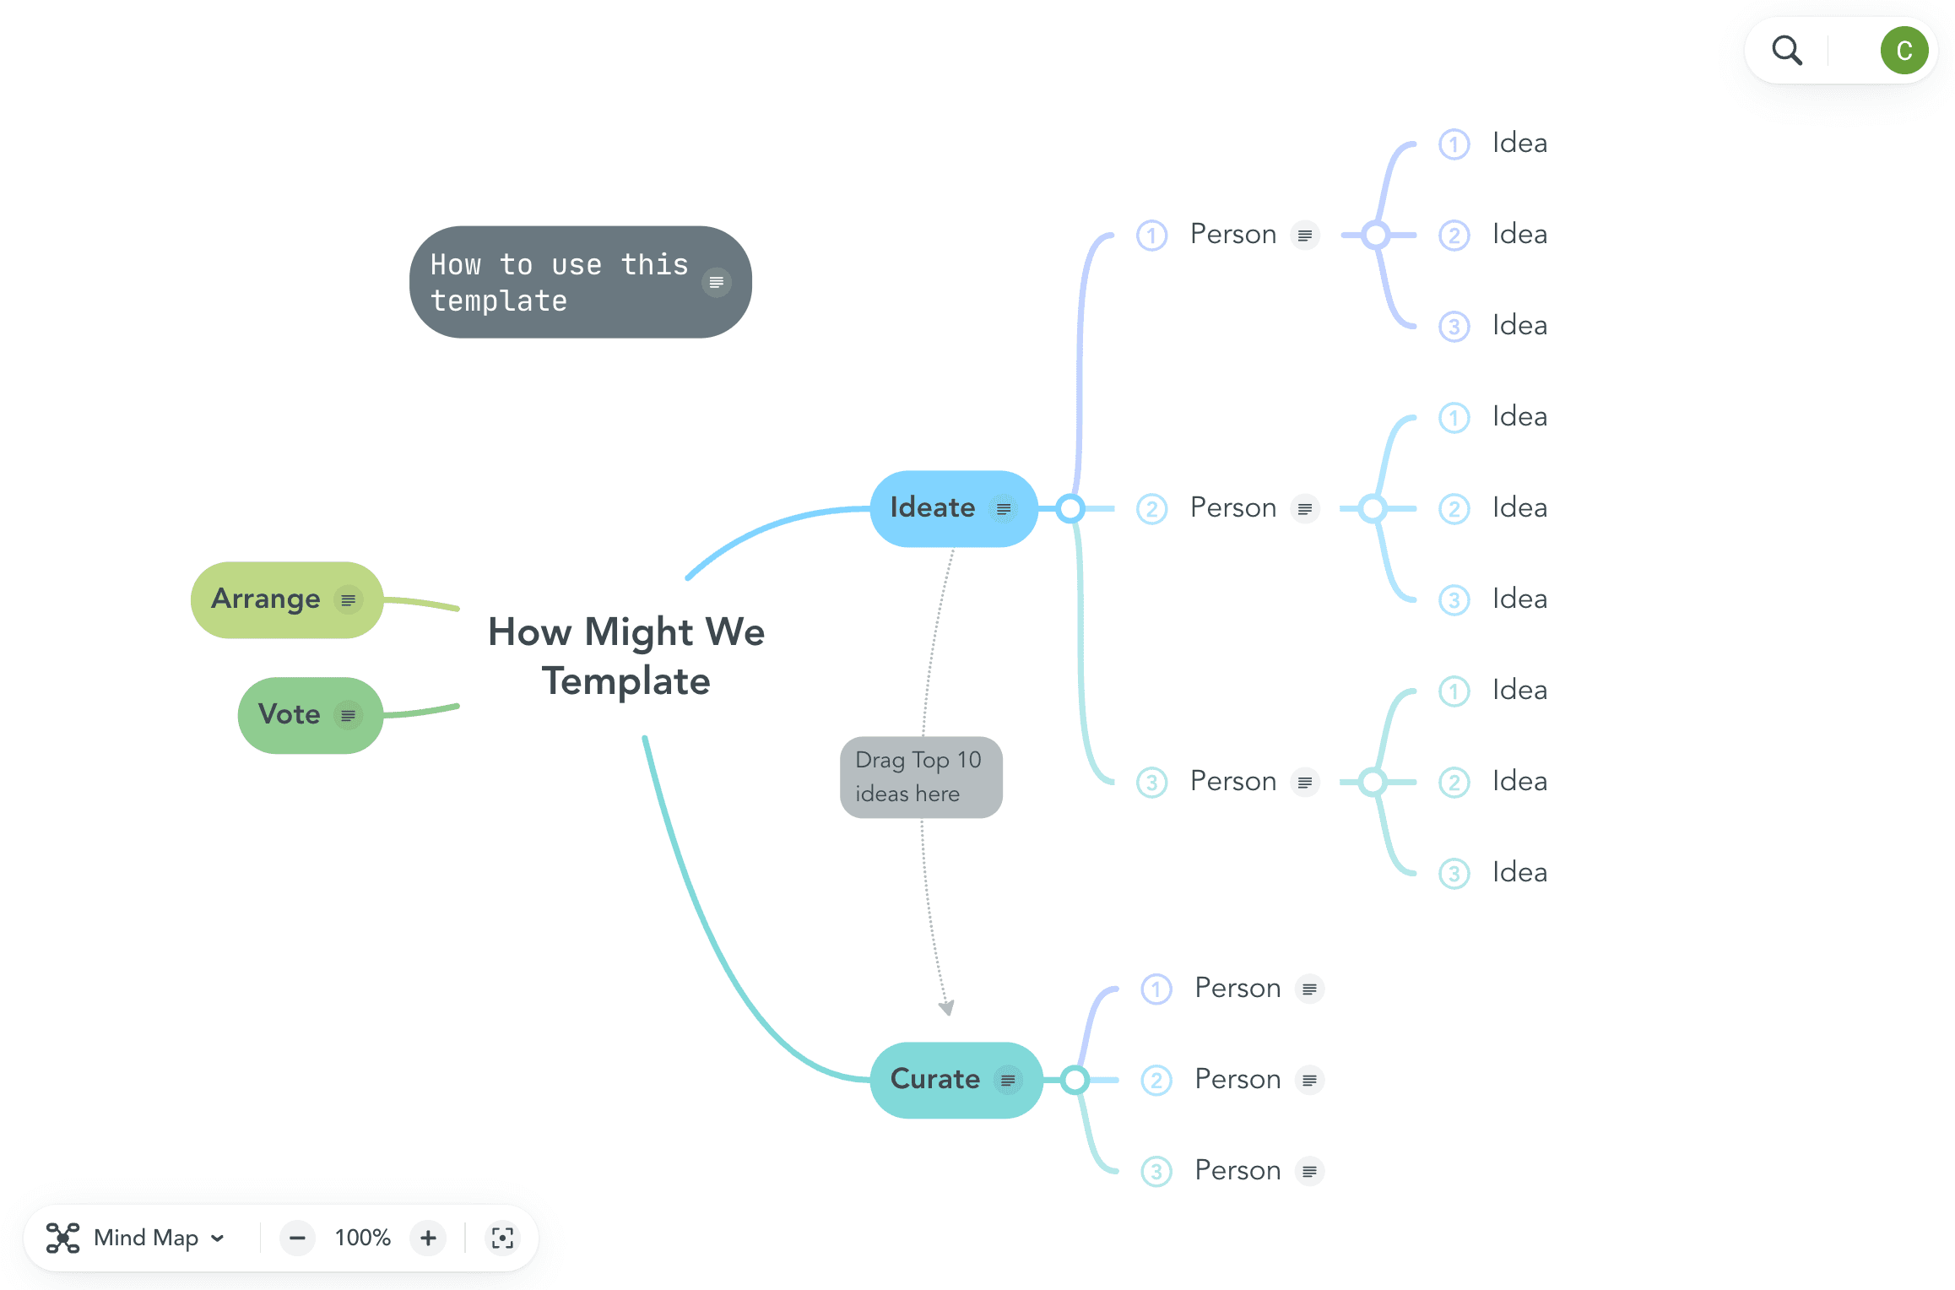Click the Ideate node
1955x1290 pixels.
tap(932, 508)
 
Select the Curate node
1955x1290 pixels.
tap(934, 1080)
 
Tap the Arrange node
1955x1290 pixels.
tap(266, 599)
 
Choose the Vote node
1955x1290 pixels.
tap(290, 715)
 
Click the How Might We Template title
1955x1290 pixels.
tap(625, 656)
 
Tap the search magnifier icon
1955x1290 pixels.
tap(1786, 51)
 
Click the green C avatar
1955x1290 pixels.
tap(1904, 51)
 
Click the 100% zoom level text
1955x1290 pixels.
tap(362, 1238)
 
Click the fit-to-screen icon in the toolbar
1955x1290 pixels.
tap(502, 1238)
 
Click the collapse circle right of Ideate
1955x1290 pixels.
tap(1070, 508)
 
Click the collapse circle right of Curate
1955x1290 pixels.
tap(1075, 1080)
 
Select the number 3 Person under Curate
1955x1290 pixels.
tap(1237, 1171)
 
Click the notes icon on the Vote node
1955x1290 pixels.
tap(348, 716)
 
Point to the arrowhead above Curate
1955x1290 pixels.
tap(947, 1007)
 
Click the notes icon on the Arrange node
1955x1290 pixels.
tap(348, 600)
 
